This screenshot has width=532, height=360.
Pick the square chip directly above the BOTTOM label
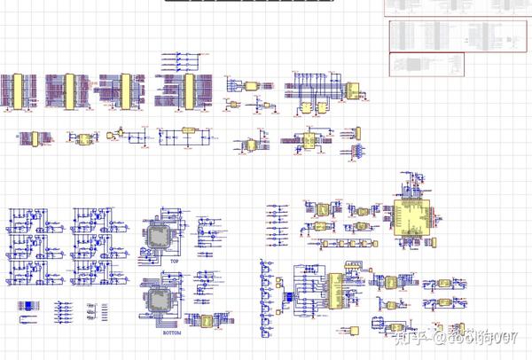pyautogui.click(x=160, y=305)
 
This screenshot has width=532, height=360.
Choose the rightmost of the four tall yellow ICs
pyautogui.click(x=189, y=91)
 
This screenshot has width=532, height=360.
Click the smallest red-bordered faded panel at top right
pyautogui.click(x=426, y=65)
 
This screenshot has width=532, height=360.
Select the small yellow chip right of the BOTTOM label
pyautogui.click(x=207, y=321)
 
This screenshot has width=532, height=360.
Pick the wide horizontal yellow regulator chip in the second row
pyautogui.click(x=187, y=131)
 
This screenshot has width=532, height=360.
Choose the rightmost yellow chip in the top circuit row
pyautogui.click(x=353, y=90)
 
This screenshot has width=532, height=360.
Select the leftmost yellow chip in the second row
pyautogui.click(x=32, y=139)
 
